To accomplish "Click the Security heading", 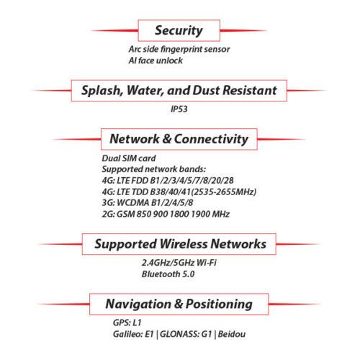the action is [x=179, y=31].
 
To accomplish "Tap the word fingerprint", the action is [x=181, y=50].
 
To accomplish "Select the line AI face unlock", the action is [x=156, y=60].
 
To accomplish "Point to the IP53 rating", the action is [x=179, y=109].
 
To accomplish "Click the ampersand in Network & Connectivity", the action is [x=166, y=139].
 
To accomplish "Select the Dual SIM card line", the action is [x=129, y=158].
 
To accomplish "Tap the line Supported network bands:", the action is [x=154, y=169].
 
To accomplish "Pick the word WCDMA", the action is [x=132, y=203].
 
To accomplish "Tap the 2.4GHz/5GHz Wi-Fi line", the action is [x=179, y=263].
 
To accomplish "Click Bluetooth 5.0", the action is [x=168, y=274].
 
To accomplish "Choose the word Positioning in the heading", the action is [x=219, y=305].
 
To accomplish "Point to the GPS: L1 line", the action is [x=127, y=323].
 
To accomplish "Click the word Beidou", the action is [x=232, y=334].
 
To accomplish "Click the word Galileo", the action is [x=127, y=334].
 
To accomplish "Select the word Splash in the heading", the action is [x=102, y=91].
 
